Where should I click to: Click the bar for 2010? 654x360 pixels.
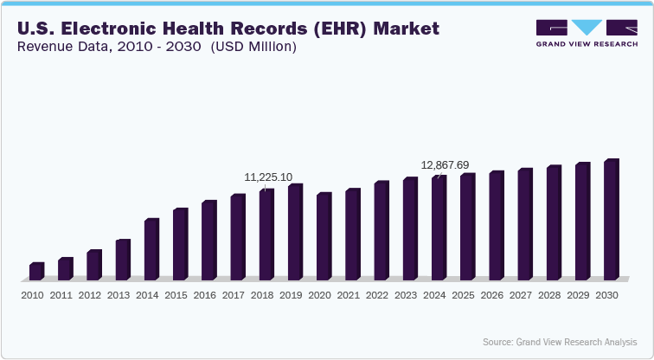click(36, 271)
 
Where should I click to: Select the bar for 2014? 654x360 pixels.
click(151, 249)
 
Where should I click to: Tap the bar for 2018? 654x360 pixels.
click(266, 234)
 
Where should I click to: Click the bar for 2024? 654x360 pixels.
click(439, 228)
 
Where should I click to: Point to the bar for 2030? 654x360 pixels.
click(611, 220)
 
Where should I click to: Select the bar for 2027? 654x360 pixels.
click(525, 224)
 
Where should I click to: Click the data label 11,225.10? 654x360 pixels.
click(268, 177)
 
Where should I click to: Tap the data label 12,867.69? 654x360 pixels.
click(445, 164)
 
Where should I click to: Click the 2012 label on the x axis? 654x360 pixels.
click(90, 295)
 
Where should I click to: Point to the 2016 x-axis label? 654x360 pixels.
click(204, 295)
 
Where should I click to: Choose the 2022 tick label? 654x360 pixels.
click(376, 295)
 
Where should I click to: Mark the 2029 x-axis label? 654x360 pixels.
click(577, 295)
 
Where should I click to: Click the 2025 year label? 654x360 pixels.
click(463, 295)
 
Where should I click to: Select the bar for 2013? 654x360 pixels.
click(122, 260)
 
